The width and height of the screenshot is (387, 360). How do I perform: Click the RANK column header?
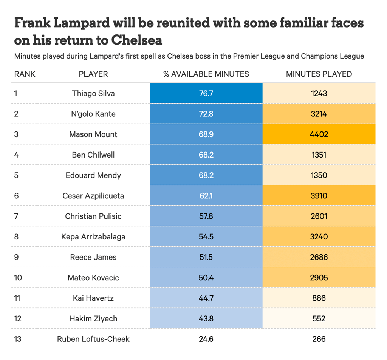click(25, 74)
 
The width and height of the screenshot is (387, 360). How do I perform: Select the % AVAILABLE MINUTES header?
click(206, 74)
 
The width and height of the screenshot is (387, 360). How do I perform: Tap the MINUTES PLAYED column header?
click(319, 74)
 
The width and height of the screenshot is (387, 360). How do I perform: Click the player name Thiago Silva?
click(93, 93)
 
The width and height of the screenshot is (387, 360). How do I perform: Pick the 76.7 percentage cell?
click(206, 93)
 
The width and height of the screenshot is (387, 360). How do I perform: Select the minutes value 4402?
click(319, 134)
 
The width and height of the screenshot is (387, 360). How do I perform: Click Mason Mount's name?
click(93, 134)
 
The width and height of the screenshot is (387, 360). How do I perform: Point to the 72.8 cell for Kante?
click(206, 114)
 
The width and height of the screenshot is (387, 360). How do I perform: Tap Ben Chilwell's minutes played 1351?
click(319, 155)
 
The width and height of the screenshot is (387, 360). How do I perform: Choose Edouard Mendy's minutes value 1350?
click(319, 175)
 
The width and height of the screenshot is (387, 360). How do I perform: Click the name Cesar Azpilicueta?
click(93, 196)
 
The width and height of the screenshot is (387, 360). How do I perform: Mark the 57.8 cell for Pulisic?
click(206, 216)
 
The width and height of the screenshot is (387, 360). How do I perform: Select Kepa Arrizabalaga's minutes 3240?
click(319, 237)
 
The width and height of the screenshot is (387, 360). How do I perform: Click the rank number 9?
click(16, 257)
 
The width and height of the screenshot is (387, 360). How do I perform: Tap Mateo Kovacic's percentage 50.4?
click(206, 278)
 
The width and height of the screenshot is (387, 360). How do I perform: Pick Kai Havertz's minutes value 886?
click(319, 298)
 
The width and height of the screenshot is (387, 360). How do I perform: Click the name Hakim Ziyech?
click(93, 318)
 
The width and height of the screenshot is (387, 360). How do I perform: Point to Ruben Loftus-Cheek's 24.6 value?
click(206, 339)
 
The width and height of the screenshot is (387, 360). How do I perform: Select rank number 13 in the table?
click(18, 339)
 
